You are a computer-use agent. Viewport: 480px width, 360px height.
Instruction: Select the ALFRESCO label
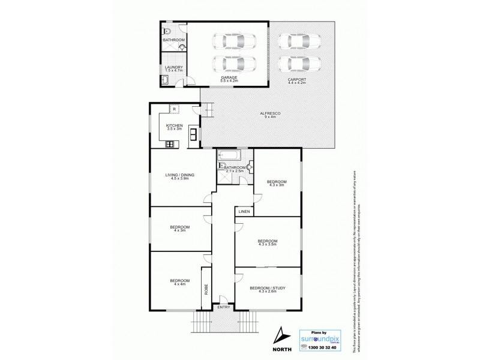coord(268,113)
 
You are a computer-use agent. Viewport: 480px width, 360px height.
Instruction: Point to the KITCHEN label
coord(174,125)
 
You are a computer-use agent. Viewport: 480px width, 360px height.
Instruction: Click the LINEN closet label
coord(244,212)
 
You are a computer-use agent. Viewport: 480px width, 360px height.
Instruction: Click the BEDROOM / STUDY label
coord(268,288)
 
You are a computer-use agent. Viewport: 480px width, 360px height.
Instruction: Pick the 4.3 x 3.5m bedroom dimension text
coord(268,245)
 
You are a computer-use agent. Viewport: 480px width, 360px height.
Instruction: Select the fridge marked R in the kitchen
coord(173,109)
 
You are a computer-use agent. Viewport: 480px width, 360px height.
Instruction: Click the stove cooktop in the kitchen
coord(170,143)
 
